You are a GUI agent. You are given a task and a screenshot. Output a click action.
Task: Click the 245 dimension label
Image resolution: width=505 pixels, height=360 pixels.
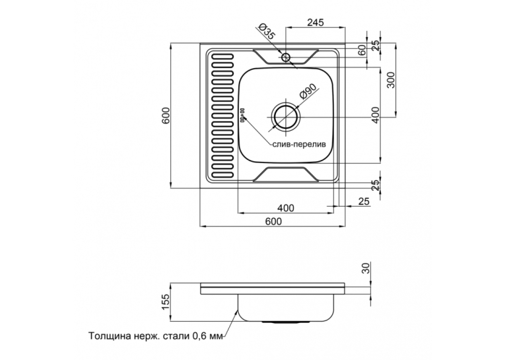tap(316, 22)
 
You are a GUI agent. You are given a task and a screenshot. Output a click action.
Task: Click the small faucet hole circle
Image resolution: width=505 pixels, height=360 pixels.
tap(286, 57)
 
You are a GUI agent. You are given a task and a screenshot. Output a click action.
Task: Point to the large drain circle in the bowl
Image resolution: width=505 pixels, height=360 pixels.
tap(286, 117)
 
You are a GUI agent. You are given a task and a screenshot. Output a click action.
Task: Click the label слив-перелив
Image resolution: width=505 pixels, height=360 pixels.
tap(299, 145)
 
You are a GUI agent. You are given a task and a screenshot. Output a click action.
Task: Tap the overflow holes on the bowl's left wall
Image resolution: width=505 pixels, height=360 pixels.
tap(242, 115)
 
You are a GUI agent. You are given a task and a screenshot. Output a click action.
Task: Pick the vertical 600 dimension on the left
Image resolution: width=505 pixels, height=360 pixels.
tap(165, 115)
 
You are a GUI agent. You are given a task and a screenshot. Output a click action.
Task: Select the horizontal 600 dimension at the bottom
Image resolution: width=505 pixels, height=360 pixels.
tap(273, 221)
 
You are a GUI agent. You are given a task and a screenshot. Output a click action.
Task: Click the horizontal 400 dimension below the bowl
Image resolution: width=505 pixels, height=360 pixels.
tap(286, 208)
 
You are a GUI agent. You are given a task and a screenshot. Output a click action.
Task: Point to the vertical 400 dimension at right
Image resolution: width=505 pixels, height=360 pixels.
tap(376, 115)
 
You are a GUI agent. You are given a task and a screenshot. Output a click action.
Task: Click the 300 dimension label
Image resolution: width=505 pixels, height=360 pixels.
tap(390, 80)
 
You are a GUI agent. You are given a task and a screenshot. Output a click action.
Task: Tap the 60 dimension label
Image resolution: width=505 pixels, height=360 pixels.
tap(362, 50)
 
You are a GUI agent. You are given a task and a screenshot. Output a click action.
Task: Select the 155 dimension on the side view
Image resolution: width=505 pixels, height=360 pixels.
tap(165, 302)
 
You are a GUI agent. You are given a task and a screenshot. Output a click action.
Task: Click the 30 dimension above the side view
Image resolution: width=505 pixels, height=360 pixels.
tap(366, 268)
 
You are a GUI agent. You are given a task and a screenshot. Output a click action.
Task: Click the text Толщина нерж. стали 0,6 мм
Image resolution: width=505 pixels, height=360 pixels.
tap(156, 336)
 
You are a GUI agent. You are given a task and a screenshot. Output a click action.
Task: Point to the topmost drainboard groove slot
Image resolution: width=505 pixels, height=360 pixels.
tap(222, 57)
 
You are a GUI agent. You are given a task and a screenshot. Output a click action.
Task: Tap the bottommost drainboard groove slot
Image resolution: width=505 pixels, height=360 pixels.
tap(222, 175)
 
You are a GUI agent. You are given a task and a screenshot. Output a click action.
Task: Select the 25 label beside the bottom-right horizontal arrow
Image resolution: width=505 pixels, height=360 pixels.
tap(364, 201)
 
